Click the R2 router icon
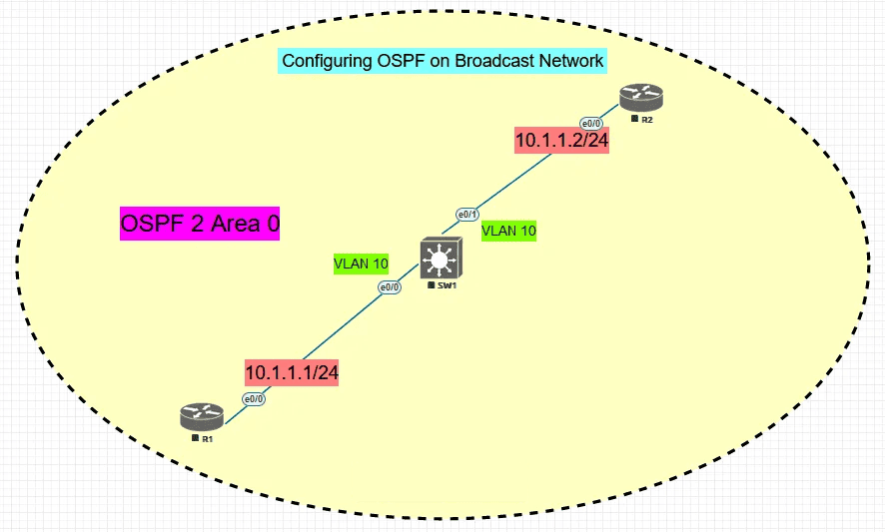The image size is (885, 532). click(640, 98)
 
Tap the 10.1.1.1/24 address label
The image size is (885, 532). click(293, 372)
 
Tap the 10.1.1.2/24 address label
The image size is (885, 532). click(561, 141)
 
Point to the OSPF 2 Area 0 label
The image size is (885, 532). click(199, 225)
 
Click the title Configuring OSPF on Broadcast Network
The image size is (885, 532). click(442, 61)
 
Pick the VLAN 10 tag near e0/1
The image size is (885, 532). click(509, 231)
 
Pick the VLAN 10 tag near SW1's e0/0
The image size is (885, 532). click(361, 264)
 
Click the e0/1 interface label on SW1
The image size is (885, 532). click(467, 215)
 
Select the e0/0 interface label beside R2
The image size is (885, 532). click(592, 124)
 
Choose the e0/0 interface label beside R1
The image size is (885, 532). click(254, 399)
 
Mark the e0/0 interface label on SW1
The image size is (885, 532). click(390, 287)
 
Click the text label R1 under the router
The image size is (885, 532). click(206, 438)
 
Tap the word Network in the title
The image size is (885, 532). click(571, 61)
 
